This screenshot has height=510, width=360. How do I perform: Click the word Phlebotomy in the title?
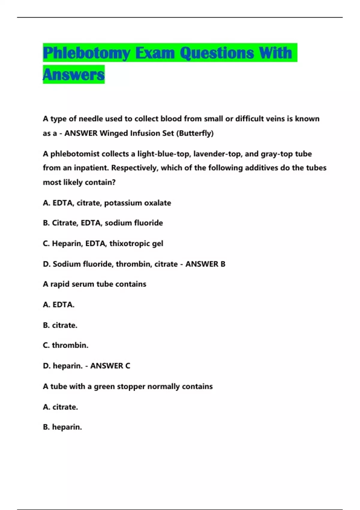(86, 53)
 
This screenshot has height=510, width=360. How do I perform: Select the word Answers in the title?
(74, 75)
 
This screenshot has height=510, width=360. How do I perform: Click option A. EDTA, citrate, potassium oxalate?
(107, 203)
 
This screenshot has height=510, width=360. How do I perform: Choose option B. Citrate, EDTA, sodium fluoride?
(103, 223)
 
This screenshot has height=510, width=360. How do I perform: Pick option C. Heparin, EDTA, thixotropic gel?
(103, 244)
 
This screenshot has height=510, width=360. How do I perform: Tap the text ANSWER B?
(205, 264)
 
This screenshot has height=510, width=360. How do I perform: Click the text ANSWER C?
(110, 366)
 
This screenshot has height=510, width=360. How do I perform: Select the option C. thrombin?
(65, 345)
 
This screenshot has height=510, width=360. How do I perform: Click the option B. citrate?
(60, 325)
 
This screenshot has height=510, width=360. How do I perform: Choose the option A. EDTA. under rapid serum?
(58, 305)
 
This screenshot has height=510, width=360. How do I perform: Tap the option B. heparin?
(62, 427)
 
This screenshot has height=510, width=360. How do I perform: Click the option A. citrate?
(60, 407)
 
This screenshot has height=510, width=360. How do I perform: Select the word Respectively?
(135, 168)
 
